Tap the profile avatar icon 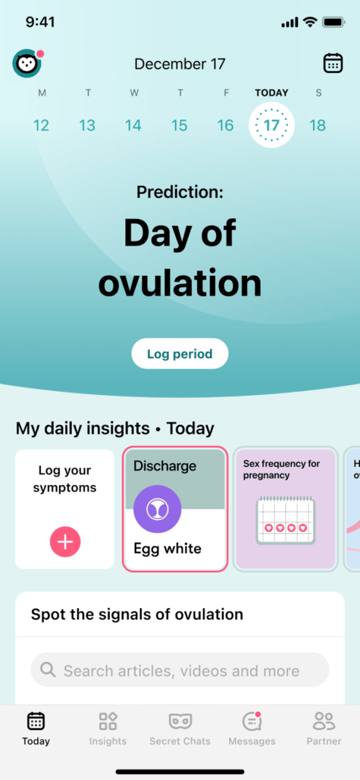coord(27,64)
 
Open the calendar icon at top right coord(333,63)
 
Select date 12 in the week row coord(41,125)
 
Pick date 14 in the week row coord(133,125)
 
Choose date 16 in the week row coord(225,125)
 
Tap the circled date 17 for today coord(271,125)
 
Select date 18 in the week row coord(318,125)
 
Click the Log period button coord(180,353)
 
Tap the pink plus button coord(65,541)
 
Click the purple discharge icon coord(157,509)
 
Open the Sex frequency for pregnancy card coord(285,509)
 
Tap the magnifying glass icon coord(48,670)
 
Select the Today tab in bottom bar coord(36,729)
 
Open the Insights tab coord(108,729)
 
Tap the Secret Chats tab coord(180,729)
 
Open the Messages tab coord(252,729)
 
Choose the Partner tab coord(324,729)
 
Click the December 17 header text coord(180,64)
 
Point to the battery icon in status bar coord(333,23)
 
